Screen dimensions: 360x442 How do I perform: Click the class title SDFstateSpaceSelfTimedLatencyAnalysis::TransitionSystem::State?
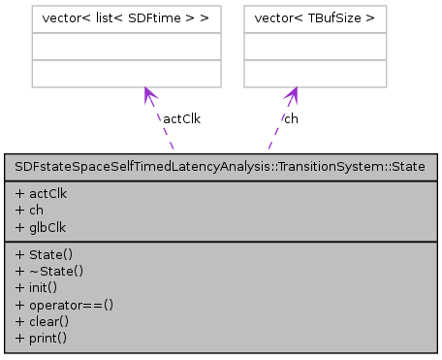[220, 167]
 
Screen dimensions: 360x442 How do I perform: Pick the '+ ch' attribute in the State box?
[29, 208]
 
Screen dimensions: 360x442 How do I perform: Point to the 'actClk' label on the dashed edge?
[180, 118]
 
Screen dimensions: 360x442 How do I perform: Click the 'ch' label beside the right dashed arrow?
[291, 118]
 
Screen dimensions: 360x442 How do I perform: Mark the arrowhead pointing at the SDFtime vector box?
[148, 93]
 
